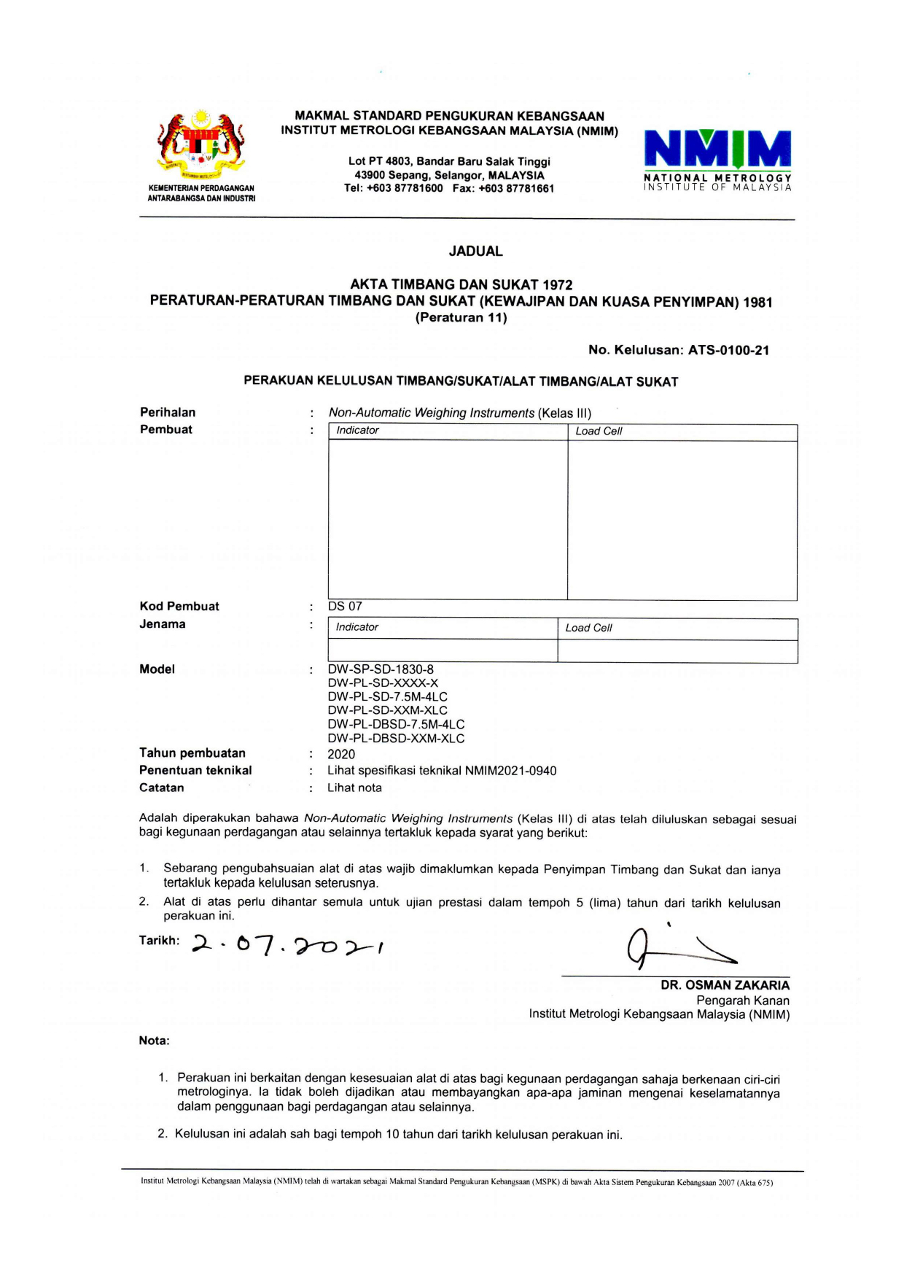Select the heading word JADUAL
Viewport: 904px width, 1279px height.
(x=475, y=252)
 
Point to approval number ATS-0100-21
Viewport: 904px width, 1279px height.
(x=728, y=350)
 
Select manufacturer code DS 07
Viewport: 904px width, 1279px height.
(x=345, y=607)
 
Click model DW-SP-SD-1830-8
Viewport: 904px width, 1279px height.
(x=381, y=669)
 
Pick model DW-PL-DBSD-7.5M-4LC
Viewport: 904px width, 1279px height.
(x=396, y=725)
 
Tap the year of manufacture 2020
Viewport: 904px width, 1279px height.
(x=341, y=755)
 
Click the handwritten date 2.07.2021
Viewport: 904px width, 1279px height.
(x=288, y=946)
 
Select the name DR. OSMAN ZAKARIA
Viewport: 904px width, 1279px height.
(x=725, y=985)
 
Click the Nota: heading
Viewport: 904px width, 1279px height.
(x=154, y=1041)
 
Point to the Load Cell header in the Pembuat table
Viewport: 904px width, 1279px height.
(x=599, y=431)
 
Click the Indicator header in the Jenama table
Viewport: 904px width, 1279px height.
(x=356, y=627)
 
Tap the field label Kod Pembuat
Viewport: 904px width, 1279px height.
(x=179, y=607)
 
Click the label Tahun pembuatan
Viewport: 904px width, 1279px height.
(x=192, y=753)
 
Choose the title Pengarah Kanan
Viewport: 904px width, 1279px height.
(x=742, y=1000)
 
